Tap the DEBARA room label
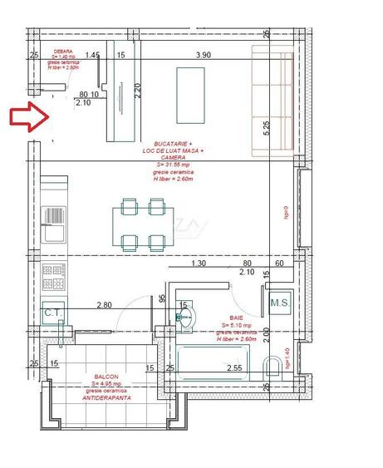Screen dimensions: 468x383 coord(63,49)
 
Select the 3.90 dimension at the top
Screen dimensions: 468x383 coord(204,55)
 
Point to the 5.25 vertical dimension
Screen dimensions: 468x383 coord(267,128)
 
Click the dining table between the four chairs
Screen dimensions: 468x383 coord(143,224)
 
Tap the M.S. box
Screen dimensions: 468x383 coord(279,303)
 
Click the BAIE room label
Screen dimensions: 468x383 coord(235,318)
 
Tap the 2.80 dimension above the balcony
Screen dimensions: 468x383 coord(104,305)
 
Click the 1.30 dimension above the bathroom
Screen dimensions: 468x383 coord(198,264)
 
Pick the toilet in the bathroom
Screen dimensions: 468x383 coord(271,367)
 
